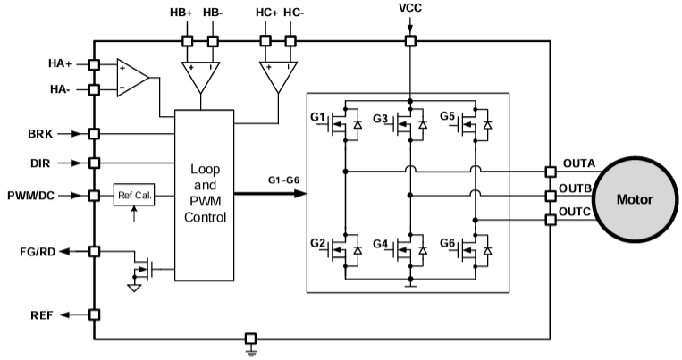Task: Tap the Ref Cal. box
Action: coord(134,195)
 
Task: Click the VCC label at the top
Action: coord(410,9)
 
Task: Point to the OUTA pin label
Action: coord(578,163)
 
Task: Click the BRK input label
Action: coord(41,134)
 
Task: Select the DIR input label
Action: coord(41,163)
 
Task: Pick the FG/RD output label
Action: coord(38,253)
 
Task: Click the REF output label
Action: coord(41,314)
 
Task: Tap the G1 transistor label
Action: coord(318,117)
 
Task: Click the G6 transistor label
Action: coord(448,243)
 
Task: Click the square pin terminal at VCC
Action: coord(410,40)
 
